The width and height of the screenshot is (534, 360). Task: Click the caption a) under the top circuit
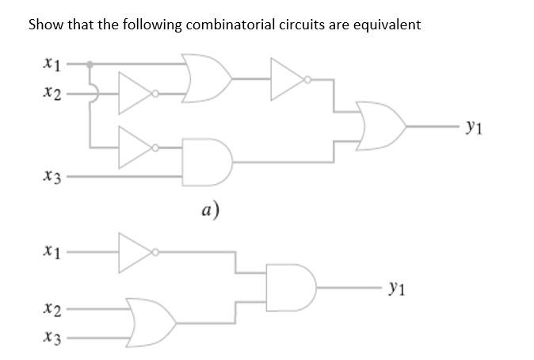coord(209,209)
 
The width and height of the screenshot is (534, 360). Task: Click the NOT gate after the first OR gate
coord(289,79)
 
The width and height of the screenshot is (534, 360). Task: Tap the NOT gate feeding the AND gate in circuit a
coord(136,147)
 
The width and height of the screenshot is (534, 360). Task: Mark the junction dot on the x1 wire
coord(90,64)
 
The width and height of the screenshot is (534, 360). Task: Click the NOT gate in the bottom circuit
coord(136,252)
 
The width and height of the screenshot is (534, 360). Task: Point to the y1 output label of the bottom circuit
coord(399,289)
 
